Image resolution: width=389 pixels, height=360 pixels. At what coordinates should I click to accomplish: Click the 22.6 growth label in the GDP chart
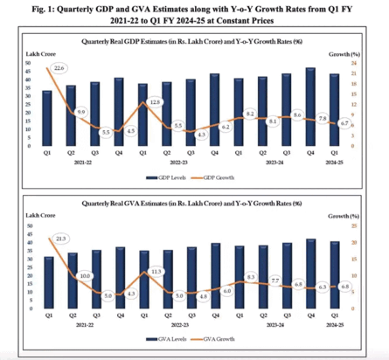[x=59, y=67]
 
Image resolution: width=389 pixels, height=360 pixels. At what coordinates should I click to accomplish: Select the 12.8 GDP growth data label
[x=155, y=102]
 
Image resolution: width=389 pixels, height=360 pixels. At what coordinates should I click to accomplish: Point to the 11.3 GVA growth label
[x=155, y=272]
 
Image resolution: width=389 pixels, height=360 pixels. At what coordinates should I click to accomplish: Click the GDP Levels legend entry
[x=175, y=177]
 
